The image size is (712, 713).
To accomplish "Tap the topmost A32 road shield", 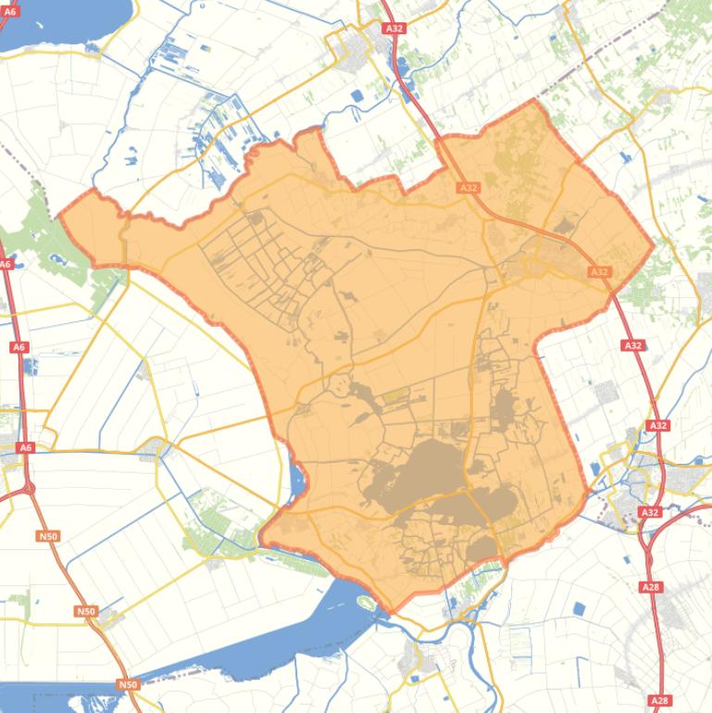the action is point(394,29).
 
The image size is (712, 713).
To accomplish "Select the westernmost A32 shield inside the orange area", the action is point(468,187).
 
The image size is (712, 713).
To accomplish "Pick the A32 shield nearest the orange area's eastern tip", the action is point(600,271).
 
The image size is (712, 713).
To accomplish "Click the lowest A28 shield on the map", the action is point(659,701).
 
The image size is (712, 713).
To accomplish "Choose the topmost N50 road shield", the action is point(48,536).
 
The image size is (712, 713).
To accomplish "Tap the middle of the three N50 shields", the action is point(86,611).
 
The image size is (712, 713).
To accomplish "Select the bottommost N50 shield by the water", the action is point(128,684).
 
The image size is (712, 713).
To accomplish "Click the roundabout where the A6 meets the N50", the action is point(31,487).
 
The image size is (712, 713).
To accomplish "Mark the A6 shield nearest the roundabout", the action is point(26,447).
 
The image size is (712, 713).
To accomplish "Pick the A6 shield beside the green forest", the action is point(6,264).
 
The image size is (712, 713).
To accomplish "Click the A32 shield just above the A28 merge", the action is point(650,512).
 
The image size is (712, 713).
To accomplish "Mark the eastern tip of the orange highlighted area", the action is point(654,245).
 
